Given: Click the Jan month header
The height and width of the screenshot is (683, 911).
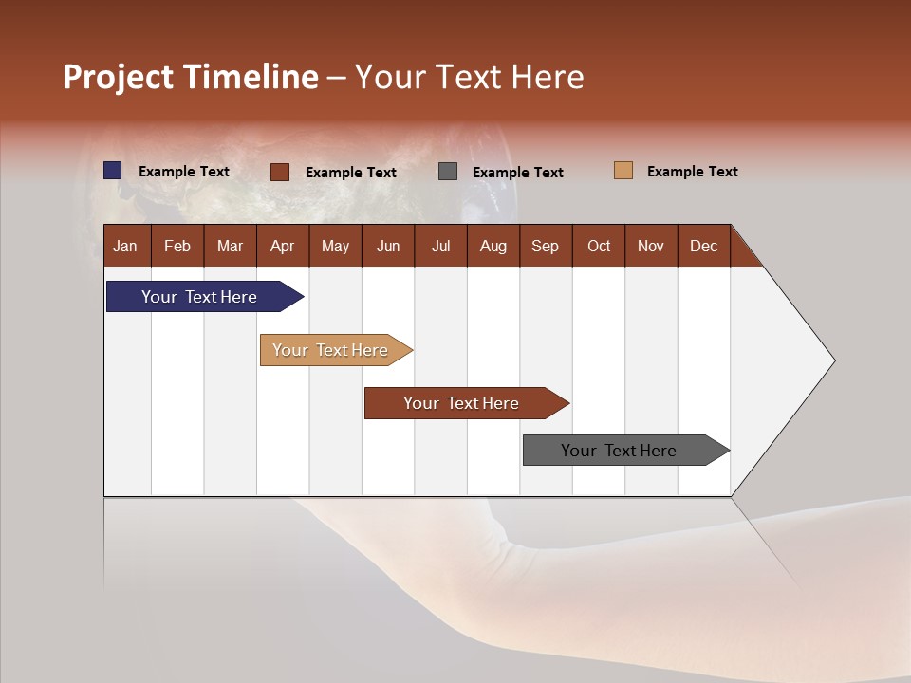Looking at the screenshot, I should (125, 246).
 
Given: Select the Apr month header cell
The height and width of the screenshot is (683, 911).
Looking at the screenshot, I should (282, 246).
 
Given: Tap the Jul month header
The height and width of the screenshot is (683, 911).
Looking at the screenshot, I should (440, 246).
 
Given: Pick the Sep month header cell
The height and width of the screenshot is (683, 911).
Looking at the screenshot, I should (545, 246).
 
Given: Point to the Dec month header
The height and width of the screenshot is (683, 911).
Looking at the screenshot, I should (703, 246).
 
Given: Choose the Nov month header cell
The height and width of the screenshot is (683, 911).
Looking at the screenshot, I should (650, 246).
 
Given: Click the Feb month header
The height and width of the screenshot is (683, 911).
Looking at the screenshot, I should (177, 246).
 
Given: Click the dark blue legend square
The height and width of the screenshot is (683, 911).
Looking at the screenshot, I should (113, 171).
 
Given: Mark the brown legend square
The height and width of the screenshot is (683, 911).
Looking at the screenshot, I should (280, 172).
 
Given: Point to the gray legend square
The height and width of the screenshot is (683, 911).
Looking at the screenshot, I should (448, 172).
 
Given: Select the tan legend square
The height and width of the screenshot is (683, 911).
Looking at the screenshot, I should (623, 171).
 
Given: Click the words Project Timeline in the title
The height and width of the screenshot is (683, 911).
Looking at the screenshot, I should (190, 77).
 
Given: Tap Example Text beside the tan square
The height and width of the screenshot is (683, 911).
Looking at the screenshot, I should (692, 172).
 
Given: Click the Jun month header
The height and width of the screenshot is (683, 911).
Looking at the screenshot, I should (388, 246).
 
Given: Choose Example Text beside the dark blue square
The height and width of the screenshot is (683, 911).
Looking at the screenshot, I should (184, 172).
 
